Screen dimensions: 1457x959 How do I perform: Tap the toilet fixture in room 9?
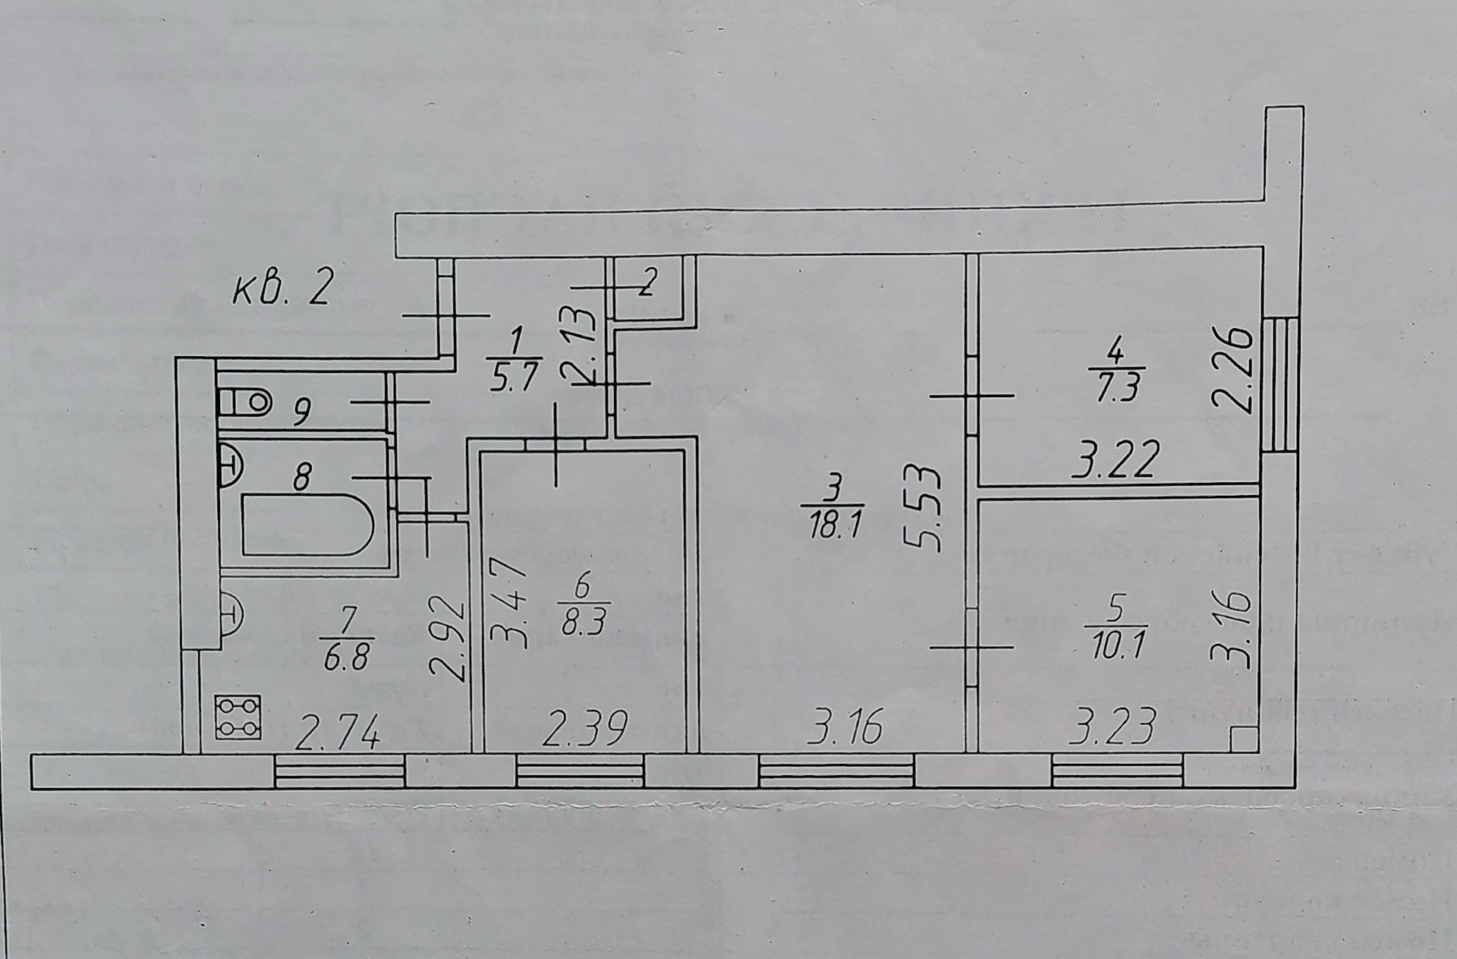coord(244,400)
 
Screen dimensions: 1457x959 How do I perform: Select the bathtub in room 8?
coord(307,525)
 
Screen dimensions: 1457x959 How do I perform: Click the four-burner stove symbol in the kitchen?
coord(238,717)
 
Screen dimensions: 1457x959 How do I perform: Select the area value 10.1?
coord(1115,648)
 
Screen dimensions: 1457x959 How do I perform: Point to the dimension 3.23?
coord(1111,727)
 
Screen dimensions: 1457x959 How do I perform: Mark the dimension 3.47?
coord(508,603)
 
